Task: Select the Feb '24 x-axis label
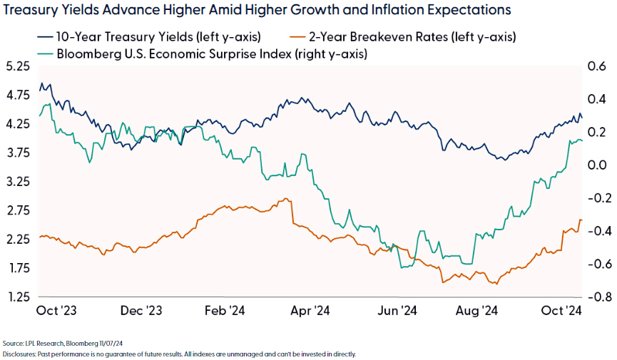click(x=225, y=311)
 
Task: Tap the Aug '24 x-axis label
click(x=477, y=311)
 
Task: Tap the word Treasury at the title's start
click(x=31, y=11)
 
